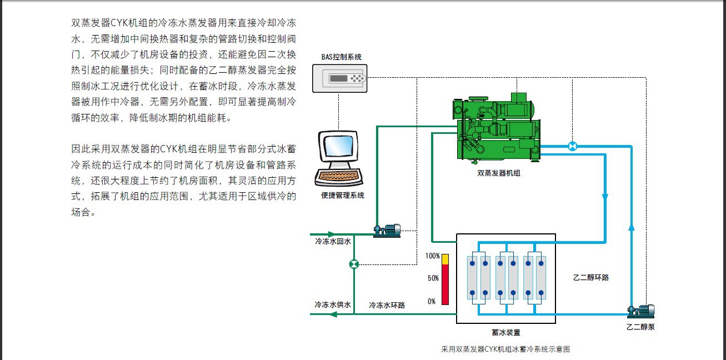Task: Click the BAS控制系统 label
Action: click(341, 57)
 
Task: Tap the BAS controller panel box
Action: click(339, 78)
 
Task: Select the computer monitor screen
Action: click(339, 146)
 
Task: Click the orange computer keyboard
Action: click(339, 177)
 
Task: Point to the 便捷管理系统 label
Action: click(343, 196)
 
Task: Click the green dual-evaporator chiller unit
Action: click(497, 129)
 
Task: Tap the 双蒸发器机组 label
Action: click(499, 173)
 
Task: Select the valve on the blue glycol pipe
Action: click(573, 147)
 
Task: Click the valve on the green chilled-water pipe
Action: click(354, 264)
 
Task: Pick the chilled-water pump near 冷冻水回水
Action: click(387, 231)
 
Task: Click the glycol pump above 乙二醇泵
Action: click(641, 311)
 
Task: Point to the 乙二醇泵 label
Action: click(640, 327)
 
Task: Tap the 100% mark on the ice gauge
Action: click(432, 256)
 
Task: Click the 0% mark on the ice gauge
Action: click(432, 301)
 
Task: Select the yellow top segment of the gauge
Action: click(445, 259)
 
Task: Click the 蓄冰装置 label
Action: click(506, 332)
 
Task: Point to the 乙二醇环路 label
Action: click(591, 277)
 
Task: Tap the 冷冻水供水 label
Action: click(333, 304)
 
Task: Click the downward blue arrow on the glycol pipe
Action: click(605, 197)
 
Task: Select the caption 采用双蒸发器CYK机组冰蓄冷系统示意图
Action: click(505, 349)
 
